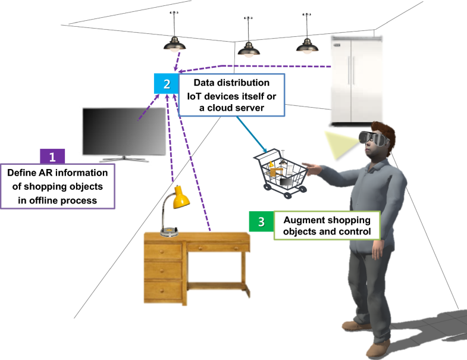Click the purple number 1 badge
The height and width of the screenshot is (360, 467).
pos(52,156)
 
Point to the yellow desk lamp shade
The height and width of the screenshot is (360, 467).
pos(181,198)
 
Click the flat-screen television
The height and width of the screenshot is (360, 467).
pos(124,132)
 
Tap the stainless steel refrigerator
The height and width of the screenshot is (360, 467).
pos(355,80)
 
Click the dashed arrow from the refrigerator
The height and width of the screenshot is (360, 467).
pos(268,65)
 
